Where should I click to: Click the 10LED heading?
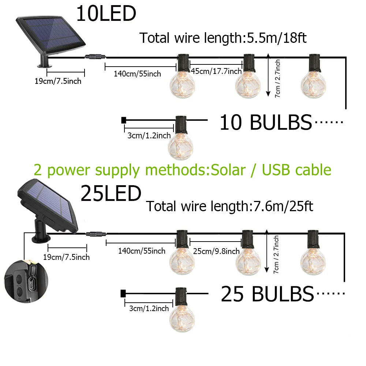click(x=106, y=14)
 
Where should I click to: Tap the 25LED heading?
click(x=111, y=194)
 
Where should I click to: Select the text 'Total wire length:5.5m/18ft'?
click(x=223, y=38)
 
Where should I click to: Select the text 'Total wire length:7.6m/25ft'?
click(x=230, y=206)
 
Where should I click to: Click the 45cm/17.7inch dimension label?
click(x=216, y=71)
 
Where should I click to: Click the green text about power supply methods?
click(x=182, y=170)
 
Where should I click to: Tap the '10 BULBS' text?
click(x=265, y=123)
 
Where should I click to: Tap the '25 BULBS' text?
click(x=267, y=294)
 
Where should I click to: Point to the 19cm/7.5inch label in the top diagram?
click(x=58, y=81)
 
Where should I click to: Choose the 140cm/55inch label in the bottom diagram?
click(x=142, y=251)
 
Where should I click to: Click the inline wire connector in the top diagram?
click(x=94, y=57)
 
